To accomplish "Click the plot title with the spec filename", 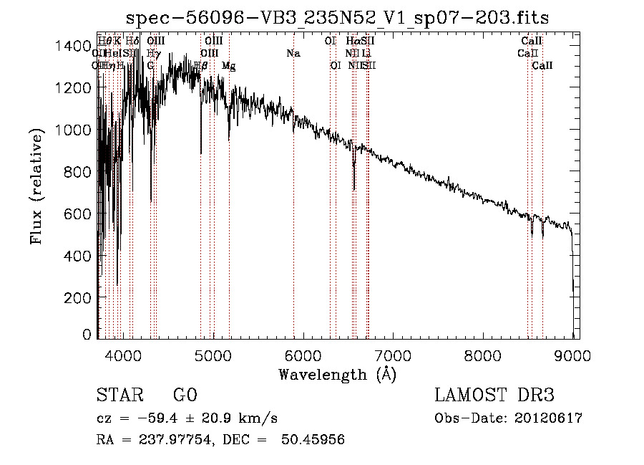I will [337, 17].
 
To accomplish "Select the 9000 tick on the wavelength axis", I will [573, 353].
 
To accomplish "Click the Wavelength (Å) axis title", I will [337, 374].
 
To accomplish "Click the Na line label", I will [293, 53].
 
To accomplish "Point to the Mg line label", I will [228, 65].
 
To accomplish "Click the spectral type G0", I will [185, 396].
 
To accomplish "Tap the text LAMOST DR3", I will [494, 396].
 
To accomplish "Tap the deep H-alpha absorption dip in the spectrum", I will [354, 183].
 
